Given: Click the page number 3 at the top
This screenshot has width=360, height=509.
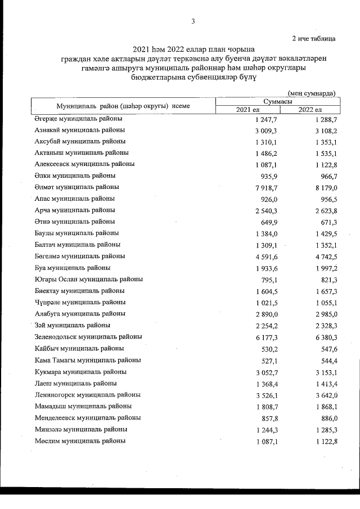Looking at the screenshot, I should point(193,22).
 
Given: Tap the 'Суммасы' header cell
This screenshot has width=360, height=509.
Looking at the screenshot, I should point(277,101).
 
